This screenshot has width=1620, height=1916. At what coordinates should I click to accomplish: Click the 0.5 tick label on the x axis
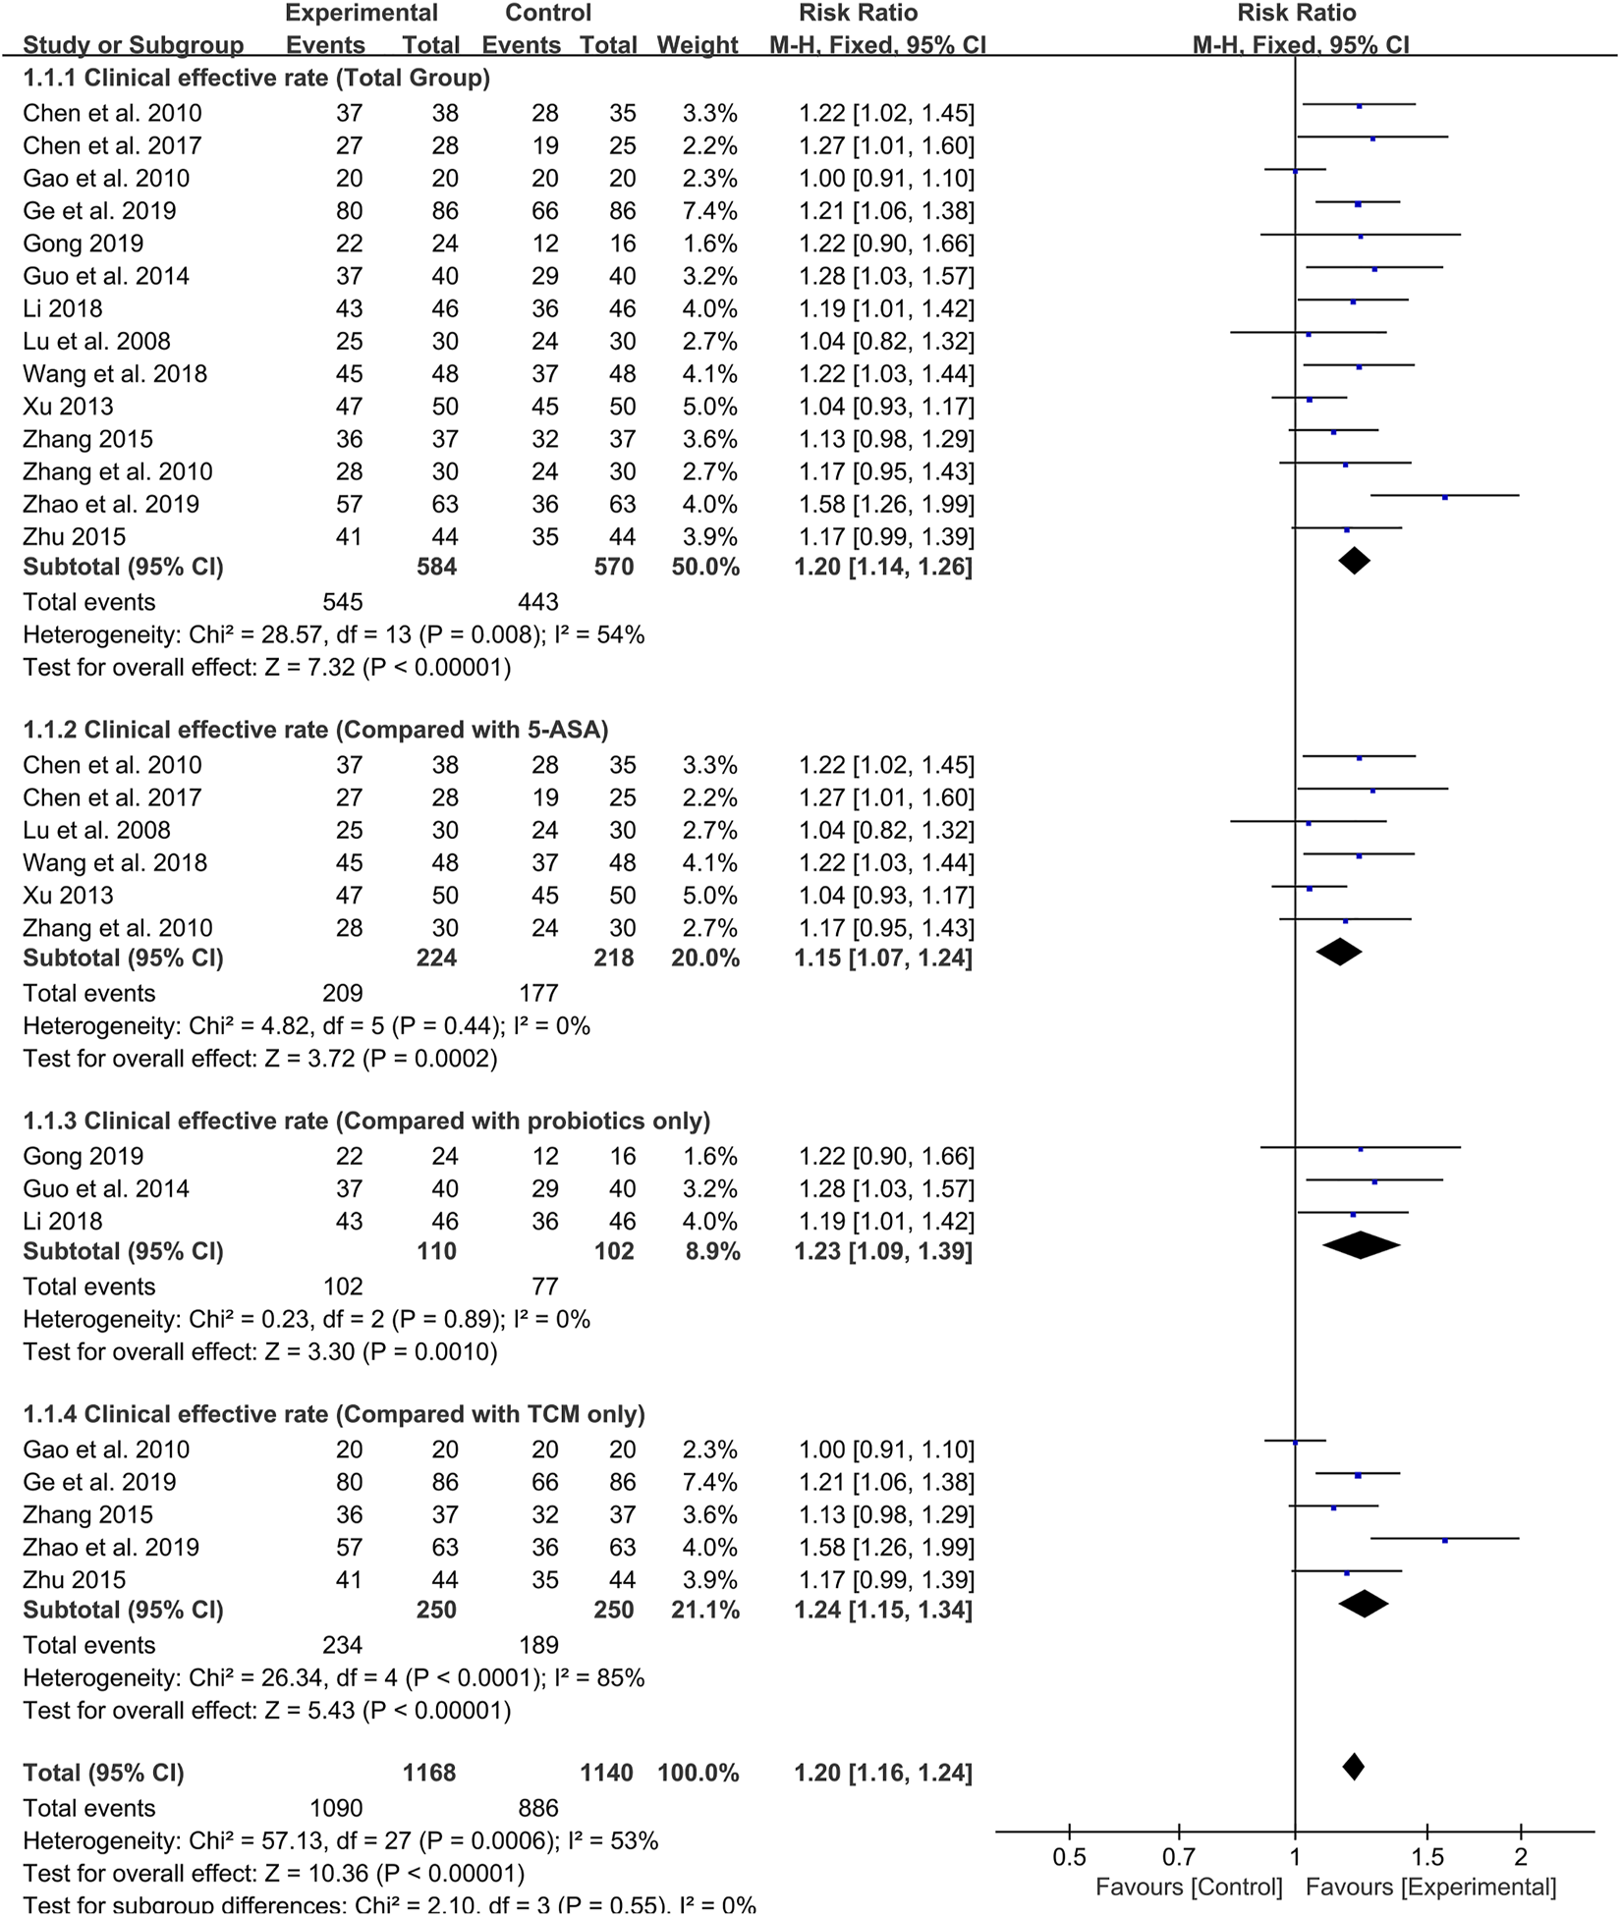coord(1069,1857)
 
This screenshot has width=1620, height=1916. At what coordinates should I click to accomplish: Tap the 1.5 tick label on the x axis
coord(1427,1857)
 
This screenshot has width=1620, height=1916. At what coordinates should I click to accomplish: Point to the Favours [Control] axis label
coord(1189,1887)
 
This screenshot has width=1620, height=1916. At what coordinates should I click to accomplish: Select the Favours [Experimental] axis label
coord(1430,1887)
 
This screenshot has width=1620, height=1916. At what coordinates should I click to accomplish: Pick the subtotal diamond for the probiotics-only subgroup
coord(1361,1245)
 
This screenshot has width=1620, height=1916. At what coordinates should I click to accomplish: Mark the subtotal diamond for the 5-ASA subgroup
coord(1339,952)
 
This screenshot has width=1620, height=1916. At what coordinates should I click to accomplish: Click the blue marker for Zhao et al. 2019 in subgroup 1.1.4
coord(1445,1541)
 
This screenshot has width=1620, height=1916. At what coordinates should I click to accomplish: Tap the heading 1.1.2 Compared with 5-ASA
coord(315,730)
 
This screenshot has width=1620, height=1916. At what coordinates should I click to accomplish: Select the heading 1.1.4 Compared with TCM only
coord(334,1414)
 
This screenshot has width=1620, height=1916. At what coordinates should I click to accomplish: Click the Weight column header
coord(698,45)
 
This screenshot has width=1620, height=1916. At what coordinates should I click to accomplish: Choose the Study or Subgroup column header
coord(134,45)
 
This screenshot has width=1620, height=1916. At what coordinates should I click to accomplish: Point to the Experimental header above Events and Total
coord(362,13)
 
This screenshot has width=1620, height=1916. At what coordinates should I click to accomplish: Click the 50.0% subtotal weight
coord(705,567)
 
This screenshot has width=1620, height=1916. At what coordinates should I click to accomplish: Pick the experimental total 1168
coord(429,1773)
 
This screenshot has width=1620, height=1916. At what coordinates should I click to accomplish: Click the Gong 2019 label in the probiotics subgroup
coord(84,1156)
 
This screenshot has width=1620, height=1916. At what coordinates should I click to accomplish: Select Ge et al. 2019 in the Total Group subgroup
coord(100,210)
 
